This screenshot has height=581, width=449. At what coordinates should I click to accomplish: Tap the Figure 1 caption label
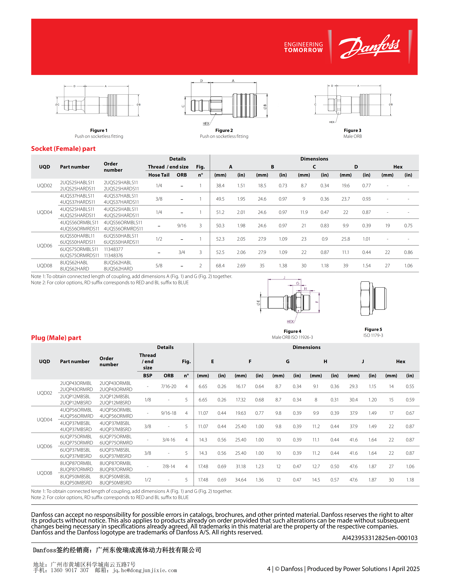click(x=99, y=130)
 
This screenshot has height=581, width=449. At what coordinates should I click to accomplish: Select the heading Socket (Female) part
click(x=63, y=149)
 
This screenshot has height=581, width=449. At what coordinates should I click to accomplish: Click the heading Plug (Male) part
click(x=56, y=338)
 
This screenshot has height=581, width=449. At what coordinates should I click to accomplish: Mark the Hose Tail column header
click(x=159, y=175)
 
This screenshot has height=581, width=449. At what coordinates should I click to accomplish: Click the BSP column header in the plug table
click(x=148, y=376)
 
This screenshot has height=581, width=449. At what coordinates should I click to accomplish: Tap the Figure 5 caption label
click(x=373, y=329)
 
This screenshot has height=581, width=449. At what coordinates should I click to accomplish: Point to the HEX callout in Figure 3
click(x=332, y=122)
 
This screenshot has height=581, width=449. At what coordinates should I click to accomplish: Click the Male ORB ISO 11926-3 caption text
click(x=292, y=337)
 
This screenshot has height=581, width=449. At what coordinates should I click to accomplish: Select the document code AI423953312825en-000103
click(x=380, y=538)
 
